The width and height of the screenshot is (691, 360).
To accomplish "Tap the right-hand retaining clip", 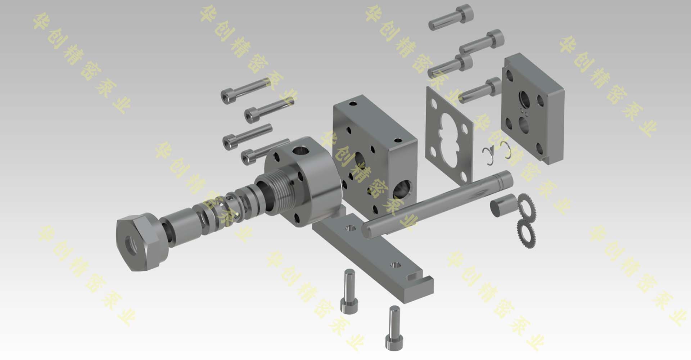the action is tap(507, 150).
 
